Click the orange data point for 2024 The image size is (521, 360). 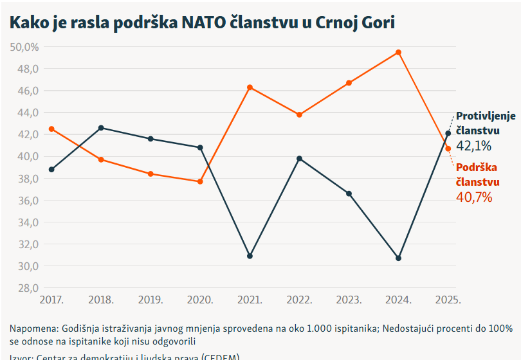tap(399, 52)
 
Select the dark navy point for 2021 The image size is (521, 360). tap(250, 256)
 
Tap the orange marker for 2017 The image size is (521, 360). tap(51, 129)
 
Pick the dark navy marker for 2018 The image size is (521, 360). tap(101, 128)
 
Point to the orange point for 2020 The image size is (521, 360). tap(200, 181)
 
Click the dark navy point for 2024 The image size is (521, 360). tap(399, 258)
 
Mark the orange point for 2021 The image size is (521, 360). tap(250, 87)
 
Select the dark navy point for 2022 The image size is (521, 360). tap(299, 158)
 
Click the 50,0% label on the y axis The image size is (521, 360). tap(24, 47)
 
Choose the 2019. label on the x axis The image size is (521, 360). tap(151, 300)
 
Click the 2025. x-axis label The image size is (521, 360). tap(448, 300)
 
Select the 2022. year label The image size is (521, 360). tap(299, 300)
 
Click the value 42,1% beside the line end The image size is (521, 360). tap(473, 146)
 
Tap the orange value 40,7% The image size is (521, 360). tap(473, 197)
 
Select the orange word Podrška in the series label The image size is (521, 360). tap(476, 167)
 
